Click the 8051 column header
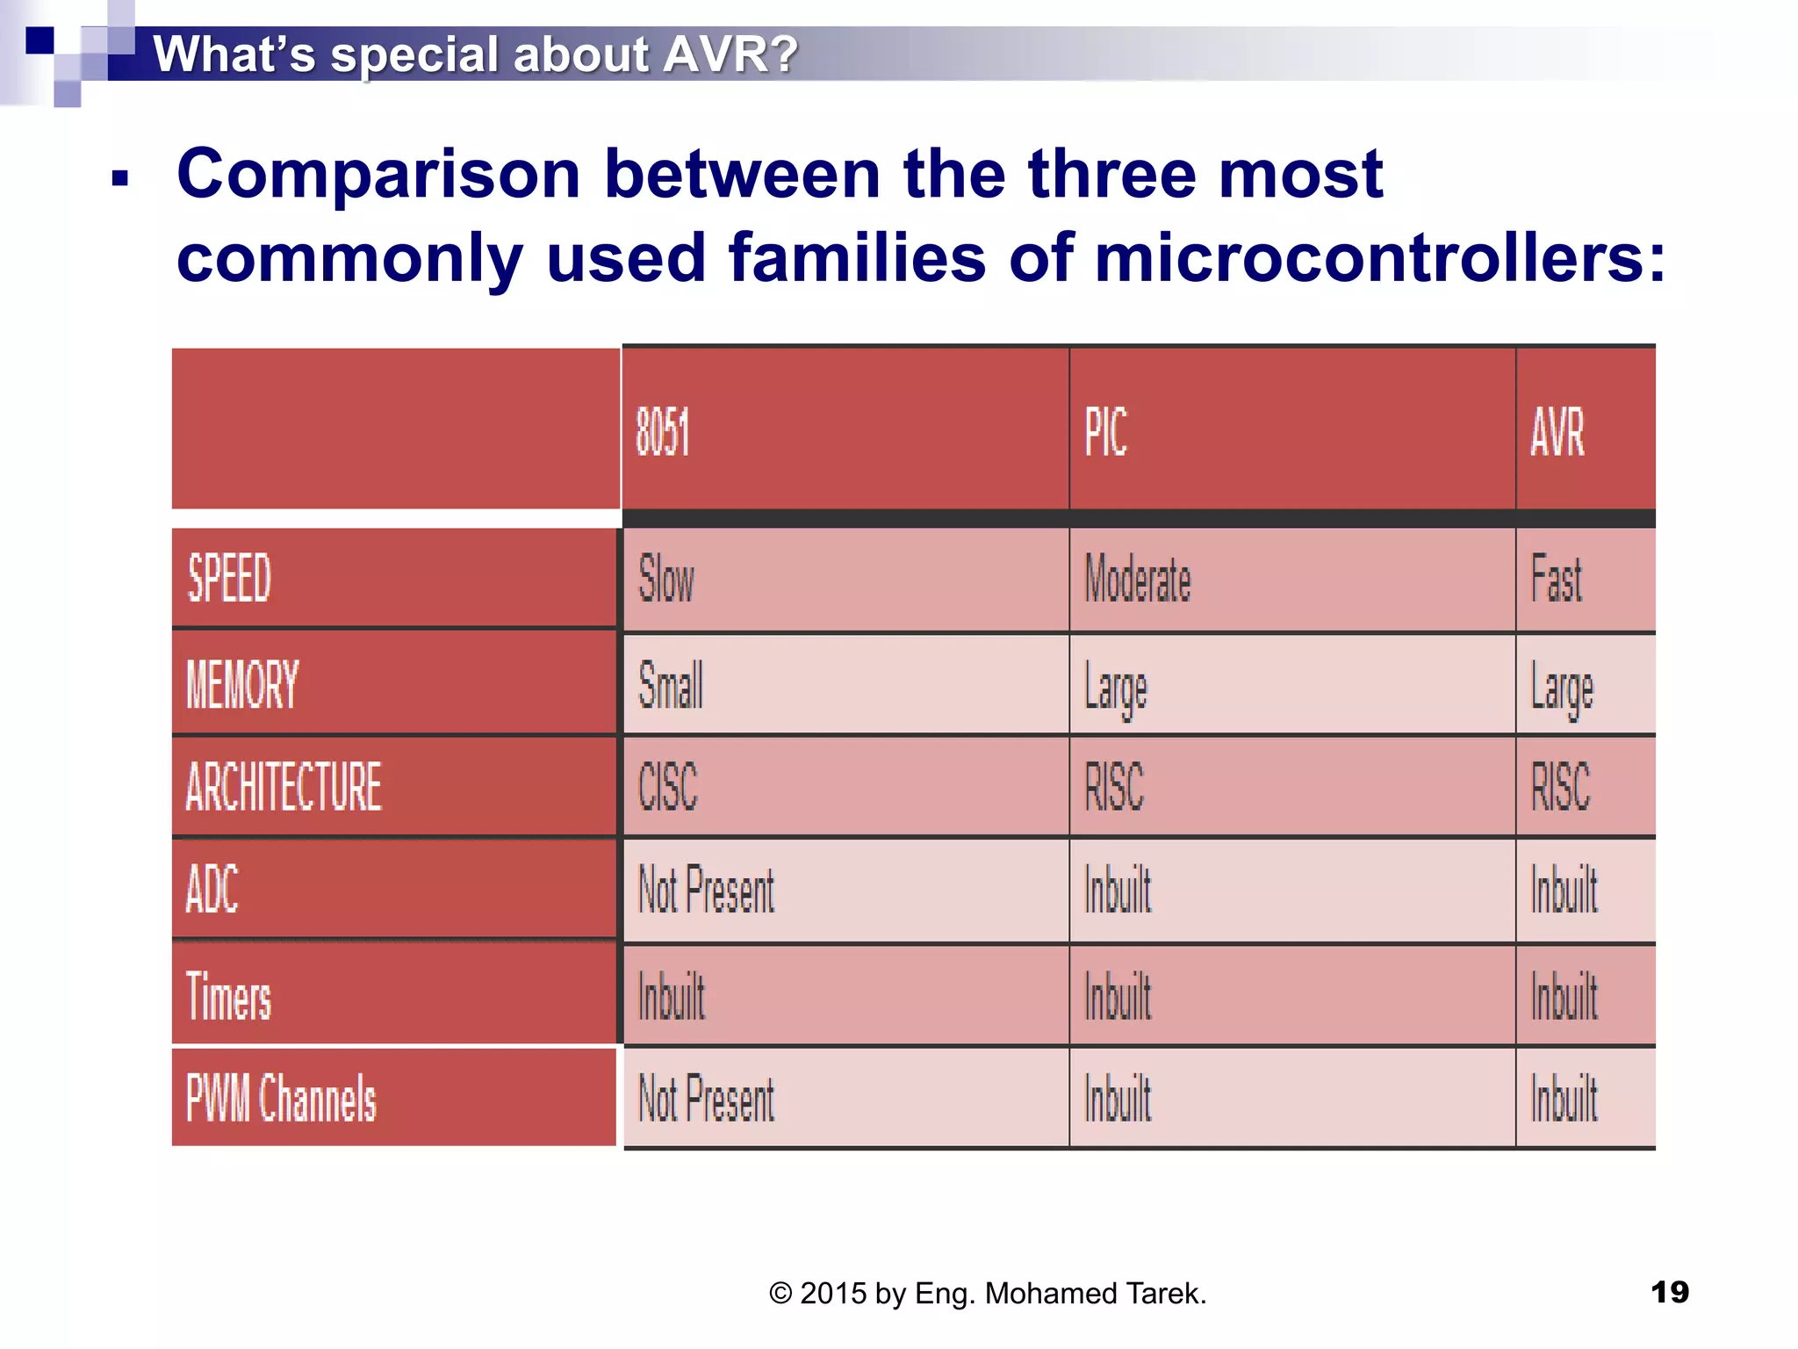coord(663,432)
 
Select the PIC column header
coord(1105,432)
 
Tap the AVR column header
coord(1557,432)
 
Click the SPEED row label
coord(229,579)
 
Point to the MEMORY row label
coord(242,684)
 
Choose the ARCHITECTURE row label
coord(284,786)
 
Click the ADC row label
coord(212,889)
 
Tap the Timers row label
coord(228,997)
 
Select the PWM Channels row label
coord(281,1099)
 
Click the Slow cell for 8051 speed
coord(665,579)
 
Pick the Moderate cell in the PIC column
coord(1138,579)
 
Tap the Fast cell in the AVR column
coord(1556,579)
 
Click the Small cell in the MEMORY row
coord(670,684)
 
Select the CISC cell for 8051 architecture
coord(667,786)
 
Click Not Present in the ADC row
coord(706,890)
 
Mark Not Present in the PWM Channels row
coord(706,1099)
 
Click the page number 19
coord(1669,1292)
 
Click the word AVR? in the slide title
coord(730,54)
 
